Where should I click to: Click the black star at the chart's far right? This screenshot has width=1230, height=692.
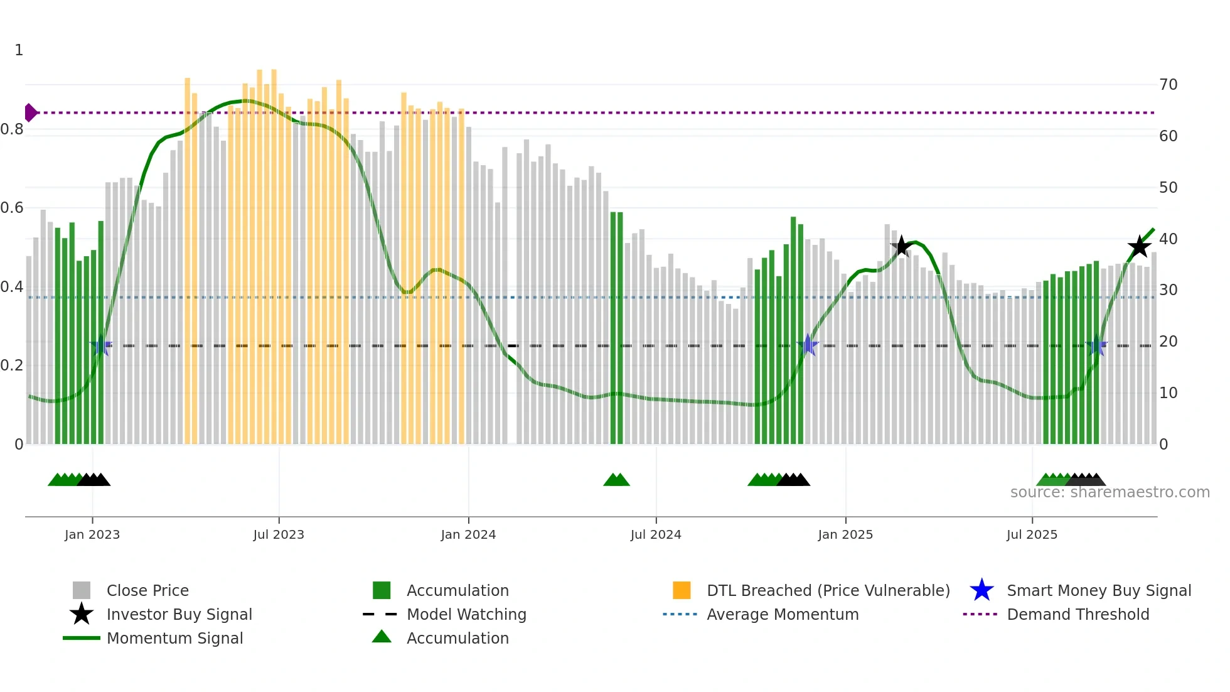(x=1138, y=246)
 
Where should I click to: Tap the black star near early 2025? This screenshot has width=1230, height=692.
(x=901, y=246)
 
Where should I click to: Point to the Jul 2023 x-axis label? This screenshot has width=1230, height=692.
(x=279, y=534)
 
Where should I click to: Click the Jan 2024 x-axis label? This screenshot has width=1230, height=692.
(x=468, y=534)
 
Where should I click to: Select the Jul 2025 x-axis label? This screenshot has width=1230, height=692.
(x=1032, y=534)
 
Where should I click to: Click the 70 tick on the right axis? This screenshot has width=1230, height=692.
(x=1168, y=85)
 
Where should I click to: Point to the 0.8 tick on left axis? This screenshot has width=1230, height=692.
(x=12, y=129)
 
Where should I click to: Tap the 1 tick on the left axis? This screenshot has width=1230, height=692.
(x=19, y=50)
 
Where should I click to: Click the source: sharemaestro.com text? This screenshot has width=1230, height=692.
(x=1110, y=492)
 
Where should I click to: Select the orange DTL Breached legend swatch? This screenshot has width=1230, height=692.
(x=681, y=590)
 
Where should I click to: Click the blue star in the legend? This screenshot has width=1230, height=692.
(x=981, y=590)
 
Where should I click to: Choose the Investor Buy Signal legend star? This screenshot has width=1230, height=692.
(x=82, y=614)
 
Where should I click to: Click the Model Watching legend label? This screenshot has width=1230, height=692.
(x=466, y=614)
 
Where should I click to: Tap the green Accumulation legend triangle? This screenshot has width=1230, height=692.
(x=382, y=637)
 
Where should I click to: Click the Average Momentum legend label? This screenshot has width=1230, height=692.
(x=783, y=614)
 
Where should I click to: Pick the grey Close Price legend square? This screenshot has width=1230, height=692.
(x=82, y=590)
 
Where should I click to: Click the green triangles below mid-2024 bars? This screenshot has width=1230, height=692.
(x=616, y=480)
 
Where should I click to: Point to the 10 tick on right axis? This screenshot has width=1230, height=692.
(x=1168, y=393)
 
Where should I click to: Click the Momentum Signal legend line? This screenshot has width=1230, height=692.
(x=82, y=638)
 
